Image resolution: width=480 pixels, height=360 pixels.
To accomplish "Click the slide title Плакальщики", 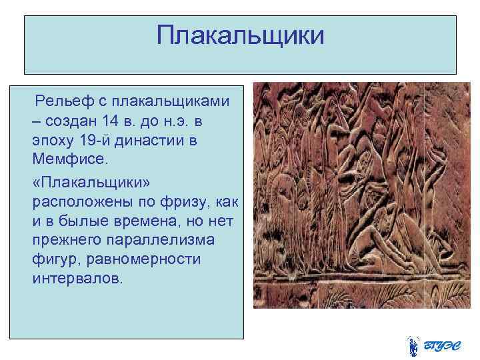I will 240,36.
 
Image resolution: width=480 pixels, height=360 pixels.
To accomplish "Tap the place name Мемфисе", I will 65,161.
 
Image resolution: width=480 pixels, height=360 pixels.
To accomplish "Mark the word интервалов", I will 77,279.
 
